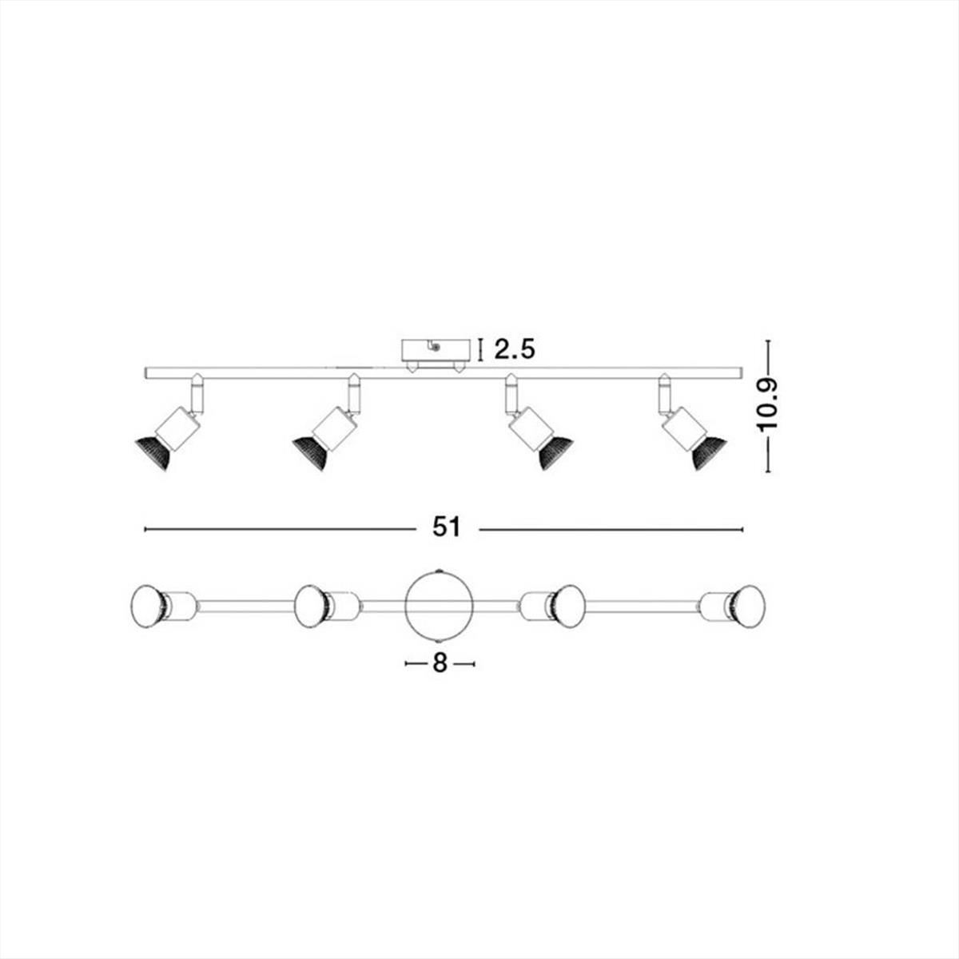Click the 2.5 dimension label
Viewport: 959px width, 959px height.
514,349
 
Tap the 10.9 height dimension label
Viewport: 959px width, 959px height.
768,405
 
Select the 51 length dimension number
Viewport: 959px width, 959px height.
447,528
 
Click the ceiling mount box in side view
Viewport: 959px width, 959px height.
436,351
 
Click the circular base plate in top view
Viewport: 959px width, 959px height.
440,606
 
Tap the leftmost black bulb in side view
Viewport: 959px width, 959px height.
154,452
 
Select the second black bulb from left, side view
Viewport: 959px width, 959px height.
312,452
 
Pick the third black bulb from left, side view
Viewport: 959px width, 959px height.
555,452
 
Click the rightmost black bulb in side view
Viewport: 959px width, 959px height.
708,452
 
